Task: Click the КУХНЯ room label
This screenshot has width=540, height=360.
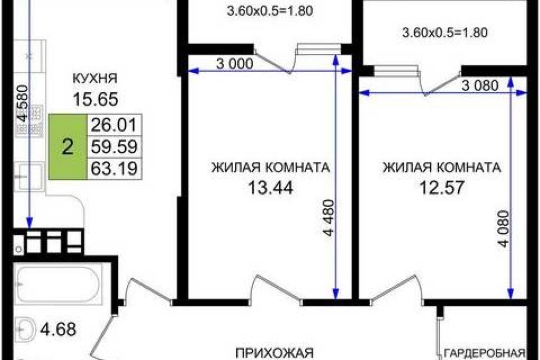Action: click(x=95, y=79)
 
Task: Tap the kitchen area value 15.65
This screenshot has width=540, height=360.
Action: click(x=95, y=99)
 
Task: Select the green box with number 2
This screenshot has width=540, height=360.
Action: click(x=67, y=147)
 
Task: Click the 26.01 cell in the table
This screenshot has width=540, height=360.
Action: click(x=114, y=124)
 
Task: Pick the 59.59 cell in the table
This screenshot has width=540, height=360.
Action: click(x=114, y=147)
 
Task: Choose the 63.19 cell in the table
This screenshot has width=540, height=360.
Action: click(x=114, y=169)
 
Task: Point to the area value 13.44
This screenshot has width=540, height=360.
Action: click(x=271, y=188)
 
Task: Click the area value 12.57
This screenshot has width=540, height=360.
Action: click(x=442, y=188)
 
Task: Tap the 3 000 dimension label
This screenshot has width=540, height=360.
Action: click(x=235, y=63)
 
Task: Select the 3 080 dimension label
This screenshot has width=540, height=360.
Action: click(x=480, y=85)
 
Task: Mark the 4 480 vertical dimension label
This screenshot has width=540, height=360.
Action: click(x=329, y=218)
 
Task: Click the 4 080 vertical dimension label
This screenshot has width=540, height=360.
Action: click(x=503, y=229)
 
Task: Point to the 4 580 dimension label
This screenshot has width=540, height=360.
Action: click(x=23, y=103)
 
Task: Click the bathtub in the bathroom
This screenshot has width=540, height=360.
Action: click(x=59, y=284)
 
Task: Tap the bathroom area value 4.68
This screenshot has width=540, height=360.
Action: click(x=58, y=329)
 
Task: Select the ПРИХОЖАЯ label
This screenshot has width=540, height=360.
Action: click(x=274, y=354)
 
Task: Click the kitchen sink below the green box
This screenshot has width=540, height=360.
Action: click(x=30, y=177)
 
